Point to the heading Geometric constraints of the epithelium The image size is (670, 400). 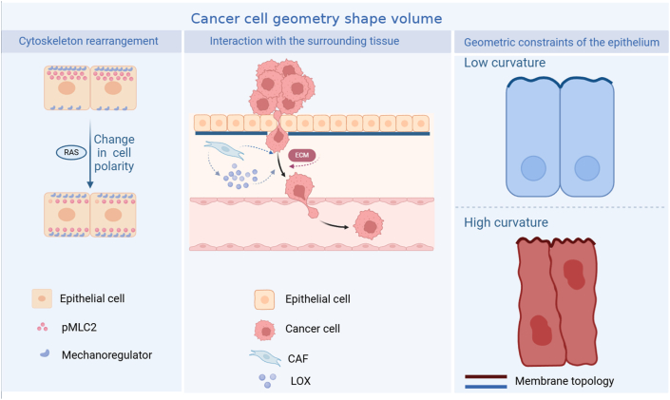[x=562, y=42]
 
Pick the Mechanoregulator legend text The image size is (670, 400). [x=121, y=355]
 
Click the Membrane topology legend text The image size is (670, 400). [x=565, y=381]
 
